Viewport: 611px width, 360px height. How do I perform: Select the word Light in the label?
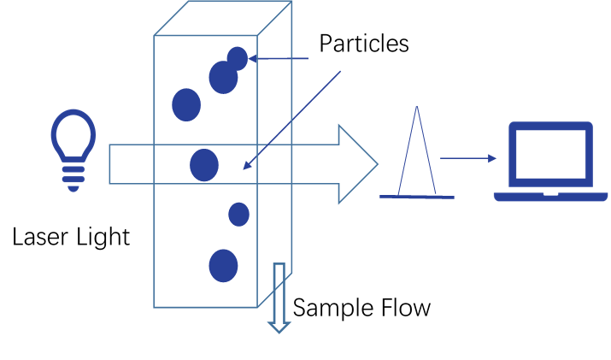pos(104,236)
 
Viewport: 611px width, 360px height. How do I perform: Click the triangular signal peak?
pos(417,154)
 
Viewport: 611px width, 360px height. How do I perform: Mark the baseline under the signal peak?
pos(417,197)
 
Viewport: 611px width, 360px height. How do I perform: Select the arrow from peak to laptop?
pos(467,158)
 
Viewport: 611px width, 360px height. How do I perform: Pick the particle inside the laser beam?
pos(204,165)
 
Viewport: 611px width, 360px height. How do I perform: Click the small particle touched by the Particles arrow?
pos(238,58)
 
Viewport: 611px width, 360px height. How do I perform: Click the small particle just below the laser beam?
pos(238,214)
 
